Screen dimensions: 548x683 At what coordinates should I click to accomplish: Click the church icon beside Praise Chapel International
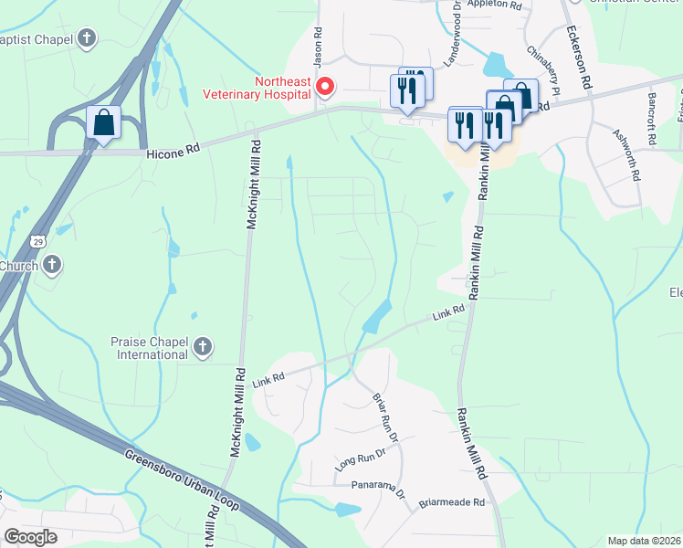coord(203,347)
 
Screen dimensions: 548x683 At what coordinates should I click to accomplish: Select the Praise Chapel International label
coord(150,347)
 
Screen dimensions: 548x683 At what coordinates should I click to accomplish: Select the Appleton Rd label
coord(493,5)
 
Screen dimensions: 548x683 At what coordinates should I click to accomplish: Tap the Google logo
coord(30,536)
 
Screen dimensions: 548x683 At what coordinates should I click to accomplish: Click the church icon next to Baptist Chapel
coord(86,38)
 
